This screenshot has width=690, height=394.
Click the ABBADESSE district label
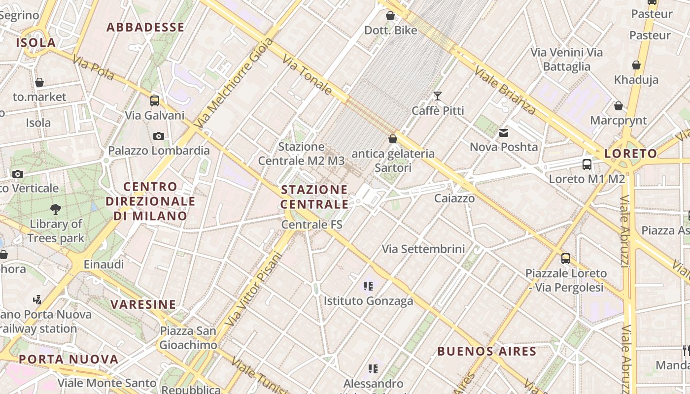pos(145,28)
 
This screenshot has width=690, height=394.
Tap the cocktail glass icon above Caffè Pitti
pos(438,96)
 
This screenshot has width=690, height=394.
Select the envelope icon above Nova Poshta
pos(504,132)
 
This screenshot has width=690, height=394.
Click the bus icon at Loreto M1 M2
pos(586,164)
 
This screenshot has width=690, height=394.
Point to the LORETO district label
pos(631,154)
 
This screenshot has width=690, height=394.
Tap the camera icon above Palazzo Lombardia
pos(159,136)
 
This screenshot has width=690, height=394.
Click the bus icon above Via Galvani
pos(155,101)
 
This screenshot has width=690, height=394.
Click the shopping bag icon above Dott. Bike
pos(390,16)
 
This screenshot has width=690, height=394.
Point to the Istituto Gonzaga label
pos(368,301)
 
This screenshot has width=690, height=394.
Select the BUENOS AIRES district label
pos(486,351)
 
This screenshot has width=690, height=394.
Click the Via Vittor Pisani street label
pos(254,289)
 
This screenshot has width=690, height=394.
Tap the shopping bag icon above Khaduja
pos(636,65)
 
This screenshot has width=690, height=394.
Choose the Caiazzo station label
pos(454,198)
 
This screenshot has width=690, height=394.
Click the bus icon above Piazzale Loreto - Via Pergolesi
pos(566,258)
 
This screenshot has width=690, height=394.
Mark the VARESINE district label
pos(143,304)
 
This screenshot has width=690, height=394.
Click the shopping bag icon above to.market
pos(39,82)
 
